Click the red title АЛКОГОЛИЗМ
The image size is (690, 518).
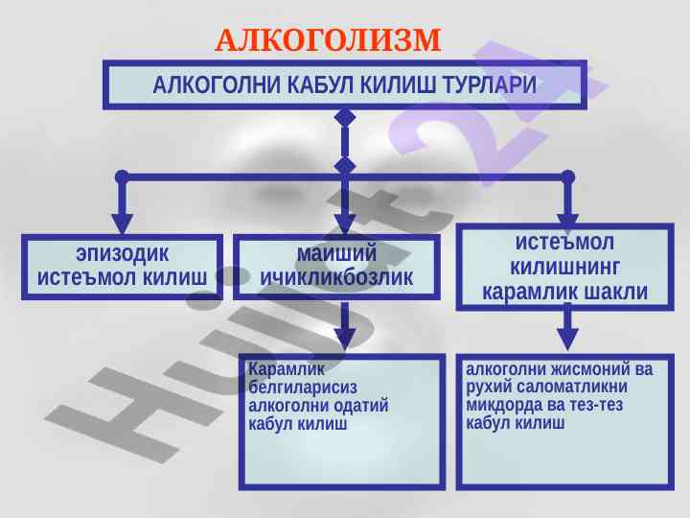[328, 40]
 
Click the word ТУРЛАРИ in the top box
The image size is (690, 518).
[490, 85]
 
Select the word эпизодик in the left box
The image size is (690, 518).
[122, 254]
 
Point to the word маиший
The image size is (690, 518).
[336, 254]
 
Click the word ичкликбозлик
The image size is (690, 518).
[336, 278]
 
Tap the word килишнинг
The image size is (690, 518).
[565, 267]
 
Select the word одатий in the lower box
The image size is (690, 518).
[357, 406]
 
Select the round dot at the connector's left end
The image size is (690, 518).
[122, 177]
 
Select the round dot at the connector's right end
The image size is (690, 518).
[568, 177]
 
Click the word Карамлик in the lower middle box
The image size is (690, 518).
[274, 369]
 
